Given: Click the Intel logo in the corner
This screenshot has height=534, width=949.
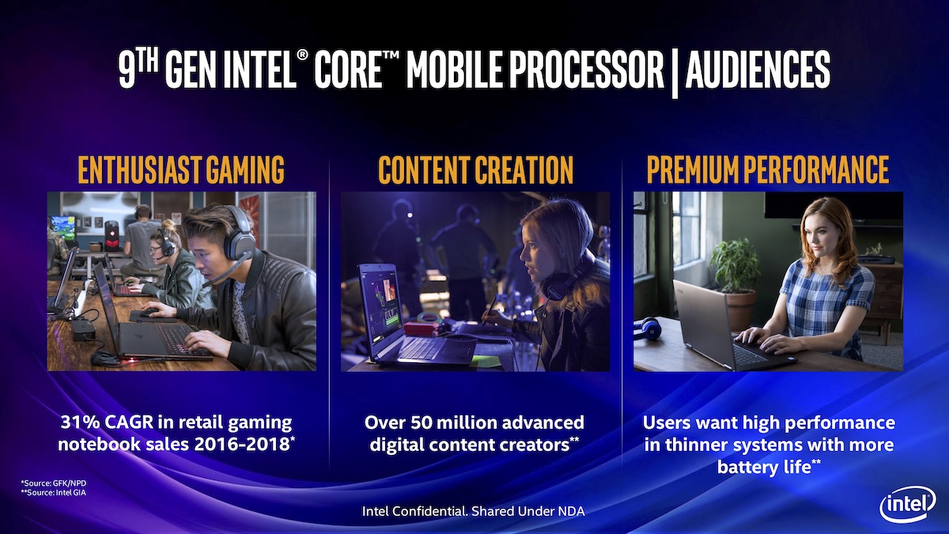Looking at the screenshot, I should [x=906, y=503].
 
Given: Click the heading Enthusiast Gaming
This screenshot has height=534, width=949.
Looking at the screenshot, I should [x=181, y=170].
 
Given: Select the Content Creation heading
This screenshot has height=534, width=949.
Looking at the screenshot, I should [x=475, y=170].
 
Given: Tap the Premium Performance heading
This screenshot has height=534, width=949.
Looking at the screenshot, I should [x=768, y=170].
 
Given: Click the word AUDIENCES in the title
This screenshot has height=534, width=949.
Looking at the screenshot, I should [x=758, y=70].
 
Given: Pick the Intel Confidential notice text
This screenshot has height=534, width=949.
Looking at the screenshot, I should [x=473, y=511].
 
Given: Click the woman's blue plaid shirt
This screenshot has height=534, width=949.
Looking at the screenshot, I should [x=826, y=297].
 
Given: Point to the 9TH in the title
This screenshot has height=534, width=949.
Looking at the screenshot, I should [x=139, y=70].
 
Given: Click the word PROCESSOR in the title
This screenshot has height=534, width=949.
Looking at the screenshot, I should [x=574, y=70].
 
